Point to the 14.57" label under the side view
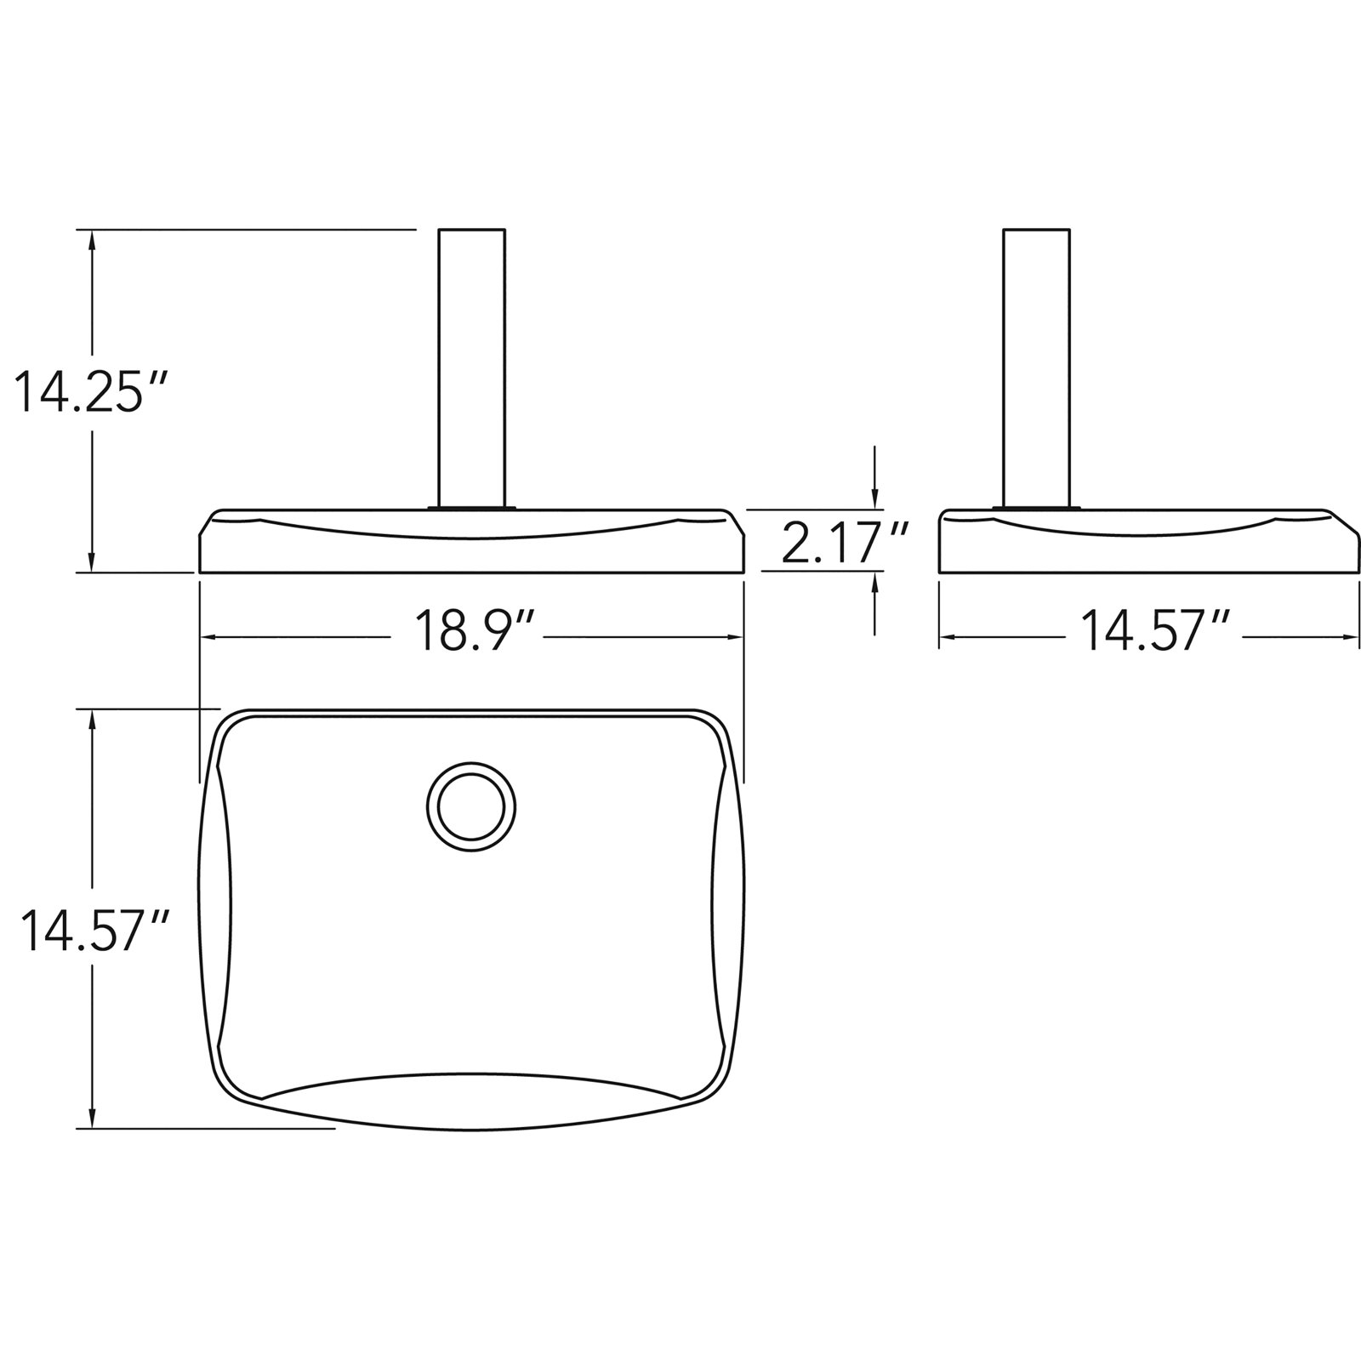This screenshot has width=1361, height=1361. [1155, 632]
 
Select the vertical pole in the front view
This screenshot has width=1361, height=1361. [471, 368]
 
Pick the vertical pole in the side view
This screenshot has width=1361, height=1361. [1036, 368]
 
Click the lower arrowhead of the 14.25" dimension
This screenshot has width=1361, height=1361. [92, 561]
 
